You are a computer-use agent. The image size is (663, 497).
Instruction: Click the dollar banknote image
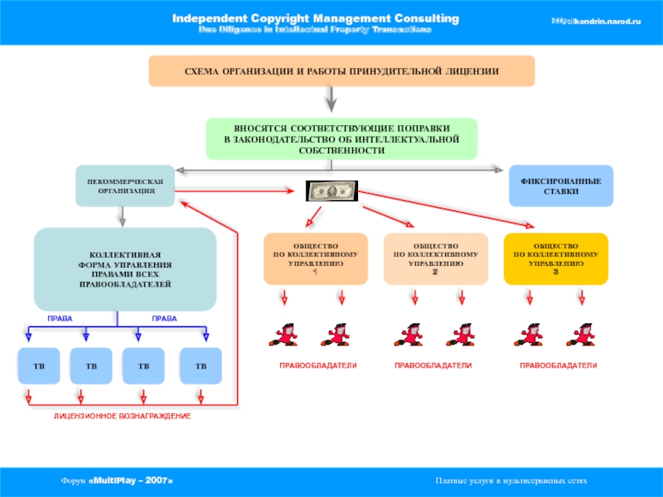(332, 191)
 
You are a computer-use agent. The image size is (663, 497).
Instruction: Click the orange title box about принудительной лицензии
(341, 72)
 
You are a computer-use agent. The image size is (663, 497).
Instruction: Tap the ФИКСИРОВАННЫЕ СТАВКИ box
(560, 186)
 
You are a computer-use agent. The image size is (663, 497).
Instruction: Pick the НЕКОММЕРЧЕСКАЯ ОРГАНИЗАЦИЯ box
(126, 186)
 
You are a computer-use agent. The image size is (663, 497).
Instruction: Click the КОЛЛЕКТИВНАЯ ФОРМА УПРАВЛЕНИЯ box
(124, 269)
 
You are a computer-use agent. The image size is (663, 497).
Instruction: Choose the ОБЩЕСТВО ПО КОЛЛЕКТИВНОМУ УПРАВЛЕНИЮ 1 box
(316, 259)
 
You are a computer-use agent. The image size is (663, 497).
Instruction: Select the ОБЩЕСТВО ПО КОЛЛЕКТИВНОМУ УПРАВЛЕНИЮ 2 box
(436, 259)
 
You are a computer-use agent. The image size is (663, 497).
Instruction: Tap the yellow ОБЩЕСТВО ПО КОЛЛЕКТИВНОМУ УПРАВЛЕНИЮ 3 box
(556, 259)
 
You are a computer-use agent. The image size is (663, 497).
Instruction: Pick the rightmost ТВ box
(201, 365)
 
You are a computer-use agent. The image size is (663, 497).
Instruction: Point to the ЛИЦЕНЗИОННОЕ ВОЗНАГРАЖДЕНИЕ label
(123, 415)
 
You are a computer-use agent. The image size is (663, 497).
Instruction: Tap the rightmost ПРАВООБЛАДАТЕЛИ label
(558, 365)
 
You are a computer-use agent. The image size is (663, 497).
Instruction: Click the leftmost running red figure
(284, 334)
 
